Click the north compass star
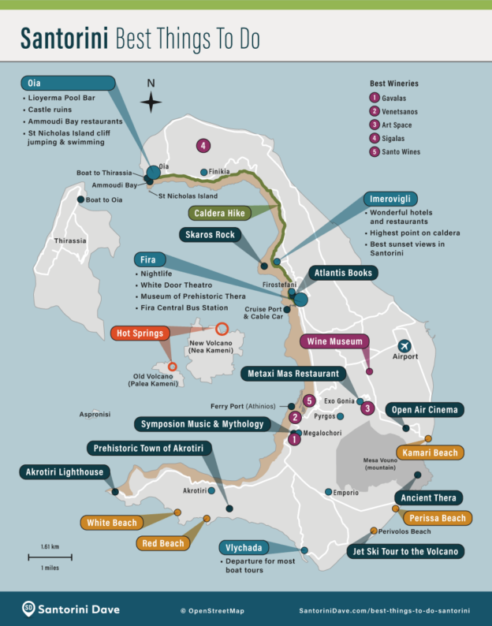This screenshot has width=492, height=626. coord(151,102)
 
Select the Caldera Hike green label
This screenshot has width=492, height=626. coord(218,213)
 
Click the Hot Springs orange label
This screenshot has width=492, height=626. coord(141,333)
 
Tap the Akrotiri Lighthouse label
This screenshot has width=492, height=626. coord(61,472)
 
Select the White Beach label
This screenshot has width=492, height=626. coord(111,522)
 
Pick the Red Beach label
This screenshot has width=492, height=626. coord(162,543)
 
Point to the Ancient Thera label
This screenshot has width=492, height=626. coord(427,497)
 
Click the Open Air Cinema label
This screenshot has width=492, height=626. coord(423,410)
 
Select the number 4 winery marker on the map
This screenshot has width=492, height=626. coord(203,146)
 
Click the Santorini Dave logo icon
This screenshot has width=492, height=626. coord(28,607)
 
